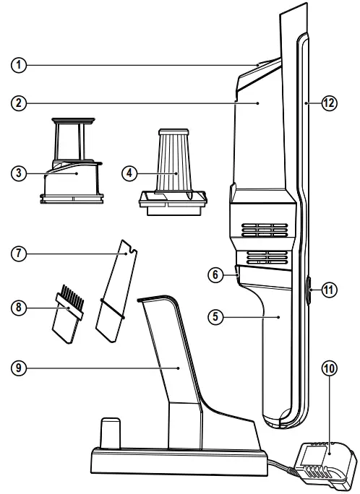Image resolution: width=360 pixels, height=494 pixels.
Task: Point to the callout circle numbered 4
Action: point(130,174)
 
